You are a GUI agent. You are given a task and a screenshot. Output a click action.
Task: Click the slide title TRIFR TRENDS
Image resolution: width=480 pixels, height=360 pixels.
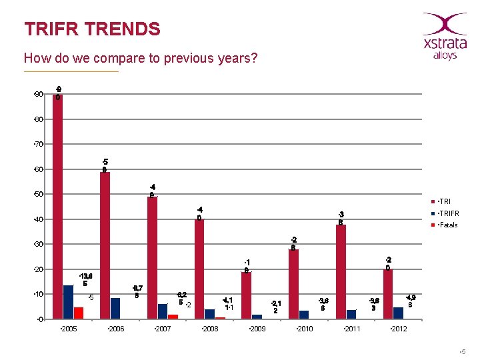pos(92,29)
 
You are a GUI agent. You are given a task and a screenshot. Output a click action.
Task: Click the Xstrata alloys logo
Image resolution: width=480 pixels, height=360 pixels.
pos(445,36)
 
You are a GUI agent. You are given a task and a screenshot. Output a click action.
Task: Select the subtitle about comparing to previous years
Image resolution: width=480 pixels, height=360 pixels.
pos(140,58)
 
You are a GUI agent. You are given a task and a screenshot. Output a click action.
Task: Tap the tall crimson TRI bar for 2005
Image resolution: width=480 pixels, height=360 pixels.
pos(58,207)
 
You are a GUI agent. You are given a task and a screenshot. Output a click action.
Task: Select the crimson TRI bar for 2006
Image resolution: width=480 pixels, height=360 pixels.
pos(105,245)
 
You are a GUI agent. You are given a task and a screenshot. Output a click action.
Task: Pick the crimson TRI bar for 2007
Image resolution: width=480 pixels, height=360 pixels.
pos(152,257)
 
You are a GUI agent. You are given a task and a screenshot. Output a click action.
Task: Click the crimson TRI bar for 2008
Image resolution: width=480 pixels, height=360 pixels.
pos(199,269)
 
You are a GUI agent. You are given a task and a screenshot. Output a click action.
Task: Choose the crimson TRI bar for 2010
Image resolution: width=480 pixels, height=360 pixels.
pos(293,284)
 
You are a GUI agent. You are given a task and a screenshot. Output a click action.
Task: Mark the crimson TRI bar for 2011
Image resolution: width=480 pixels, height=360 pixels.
pos(341,272)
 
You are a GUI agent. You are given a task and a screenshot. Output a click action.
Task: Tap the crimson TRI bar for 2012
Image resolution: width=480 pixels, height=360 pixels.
pos(388,294)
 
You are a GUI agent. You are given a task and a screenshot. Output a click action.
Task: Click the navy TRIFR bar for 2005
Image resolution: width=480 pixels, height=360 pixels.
pos(68,302)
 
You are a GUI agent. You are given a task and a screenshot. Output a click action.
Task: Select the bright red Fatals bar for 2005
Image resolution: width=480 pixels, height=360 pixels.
pos(78,313)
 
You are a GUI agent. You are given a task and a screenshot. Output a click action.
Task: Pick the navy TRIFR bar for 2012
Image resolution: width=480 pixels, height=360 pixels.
pos(398,313)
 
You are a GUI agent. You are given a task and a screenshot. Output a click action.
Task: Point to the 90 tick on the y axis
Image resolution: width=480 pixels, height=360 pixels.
pos(39,94)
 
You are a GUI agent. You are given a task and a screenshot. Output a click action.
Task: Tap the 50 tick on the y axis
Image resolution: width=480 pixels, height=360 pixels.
pos(39,194)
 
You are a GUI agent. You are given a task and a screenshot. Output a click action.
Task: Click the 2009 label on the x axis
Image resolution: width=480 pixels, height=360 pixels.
pos(256,329)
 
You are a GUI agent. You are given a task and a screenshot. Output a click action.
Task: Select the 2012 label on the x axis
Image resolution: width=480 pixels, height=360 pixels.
pos(398,329)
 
